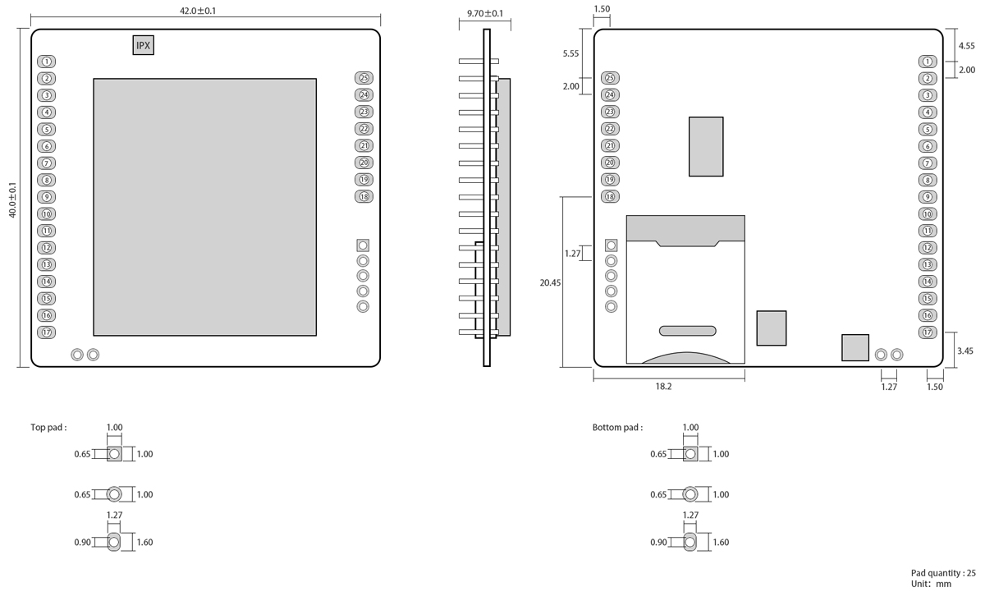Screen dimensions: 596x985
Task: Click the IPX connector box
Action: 144,46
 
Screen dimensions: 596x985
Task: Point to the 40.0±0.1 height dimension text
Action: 13,199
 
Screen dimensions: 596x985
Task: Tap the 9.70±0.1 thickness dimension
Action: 485,14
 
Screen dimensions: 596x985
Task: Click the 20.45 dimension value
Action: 550,282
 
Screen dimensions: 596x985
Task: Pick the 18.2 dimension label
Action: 664,387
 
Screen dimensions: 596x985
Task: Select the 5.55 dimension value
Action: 571,53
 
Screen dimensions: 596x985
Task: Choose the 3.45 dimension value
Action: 965,351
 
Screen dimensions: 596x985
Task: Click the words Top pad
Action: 48,428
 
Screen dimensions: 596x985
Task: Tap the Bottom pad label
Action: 617,428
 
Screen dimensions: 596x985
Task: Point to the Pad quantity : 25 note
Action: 943,573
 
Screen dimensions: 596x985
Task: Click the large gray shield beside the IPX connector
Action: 204,207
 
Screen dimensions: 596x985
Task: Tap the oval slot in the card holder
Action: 687,331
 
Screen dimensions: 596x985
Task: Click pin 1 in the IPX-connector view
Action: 47,62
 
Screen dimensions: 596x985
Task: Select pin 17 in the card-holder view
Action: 928,332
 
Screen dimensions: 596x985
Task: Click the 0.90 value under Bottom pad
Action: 658,543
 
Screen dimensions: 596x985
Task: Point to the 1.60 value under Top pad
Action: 144,543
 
